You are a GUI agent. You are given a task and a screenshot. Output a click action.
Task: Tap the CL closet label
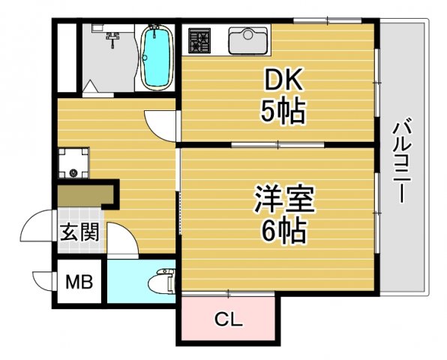pos(229,320)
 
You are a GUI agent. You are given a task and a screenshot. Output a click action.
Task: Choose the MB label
pos(78,283)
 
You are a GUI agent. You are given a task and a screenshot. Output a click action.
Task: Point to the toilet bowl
pos(160,282)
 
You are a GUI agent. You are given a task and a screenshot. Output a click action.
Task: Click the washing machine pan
pos(73,163)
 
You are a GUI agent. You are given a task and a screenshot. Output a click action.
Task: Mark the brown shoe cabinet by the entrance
pos(85,194)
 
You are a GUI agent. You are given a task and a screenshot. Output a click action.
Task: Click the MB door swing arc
pos(43,281)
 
